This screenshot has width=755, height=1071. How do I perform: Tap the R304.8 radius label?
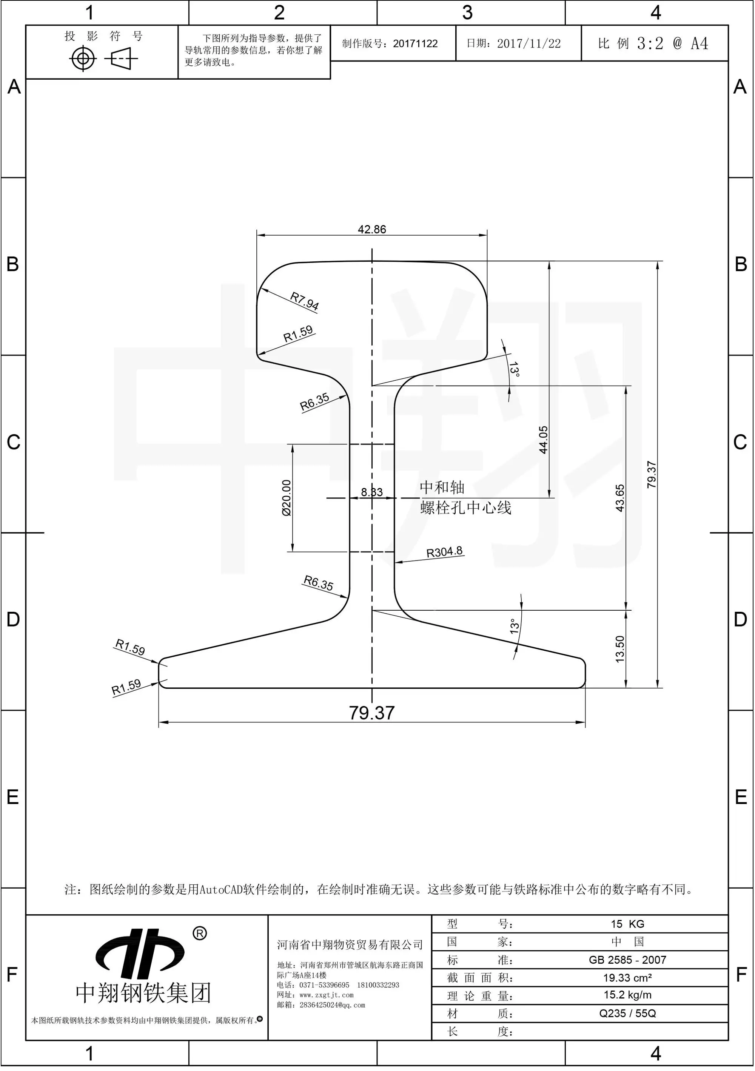click(444, 552)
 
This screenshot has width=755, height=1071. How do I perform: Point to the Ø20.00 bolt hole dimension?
click(286, 498)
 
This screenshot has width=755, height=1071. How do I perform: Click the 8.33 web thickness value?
click(372, 492)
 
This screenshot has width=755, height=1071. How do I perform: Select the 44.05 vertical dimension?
click(543, 440)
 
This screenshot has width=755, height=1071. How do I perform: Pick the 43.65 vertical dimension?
click(620, 498)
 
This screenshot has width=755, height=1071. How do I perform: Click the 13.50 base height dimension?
click(620, 649)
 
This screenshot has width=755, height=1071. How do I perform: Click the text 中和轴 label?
click(442, 488)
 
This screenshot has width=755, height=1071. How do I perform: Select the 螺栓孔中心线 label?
click(465, 508)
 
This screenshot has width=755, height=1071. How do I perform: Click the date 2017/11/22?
click(528, 44)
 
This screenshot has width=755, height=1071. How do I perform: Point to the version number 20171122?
click(415, 44)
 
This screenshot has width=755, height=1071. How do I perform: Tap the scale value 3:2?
click(650, 44)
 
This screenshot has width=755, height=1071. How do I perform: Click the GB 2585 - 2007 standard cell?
click(627, 960)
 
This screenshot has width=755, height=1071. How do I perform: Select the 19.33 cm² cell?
click(627, 978)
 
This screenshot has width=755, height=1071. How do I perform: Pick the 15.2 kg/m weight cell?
click(627, 995)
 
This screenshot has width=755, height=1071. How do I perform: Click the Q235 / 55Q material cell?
click(627, 1013)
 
